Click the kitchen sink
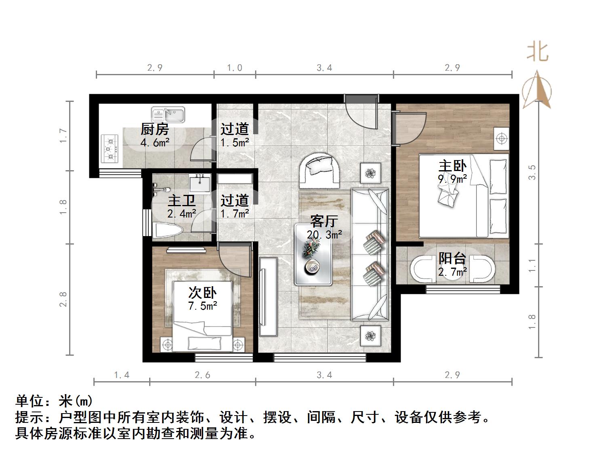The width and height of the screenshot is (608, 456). [168, 115]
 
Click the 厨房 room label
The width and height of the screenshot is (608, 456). [154, 130]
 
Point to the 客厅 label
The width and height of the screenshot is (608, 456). [324, 221]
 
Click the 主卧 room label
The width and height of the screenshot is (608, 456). [452, 166]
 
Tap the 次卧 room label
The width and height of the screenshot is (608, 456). [203, 292]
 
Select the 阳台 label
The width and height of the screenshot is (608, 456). [452, 258]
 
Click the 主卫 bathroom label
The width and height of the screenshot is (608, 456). [182, 201]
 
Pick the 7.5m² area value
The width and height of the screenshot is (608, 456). [203, 306]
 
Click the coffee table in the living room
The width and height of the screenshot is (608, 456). [313, 255]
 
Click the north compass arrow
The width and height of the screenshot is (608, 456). [537, 90]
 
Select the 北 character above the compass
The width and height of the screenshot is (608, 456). [538, 52]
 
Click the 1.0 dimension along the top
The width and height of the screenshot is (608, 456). [234, 68]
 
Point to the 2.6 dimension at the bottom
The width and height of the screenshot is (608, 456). [203, 375]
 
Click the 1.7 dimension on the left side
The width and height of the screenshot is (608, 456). [63, 135]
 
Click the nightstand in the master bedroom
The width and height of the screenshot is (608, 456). [502, 139]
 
